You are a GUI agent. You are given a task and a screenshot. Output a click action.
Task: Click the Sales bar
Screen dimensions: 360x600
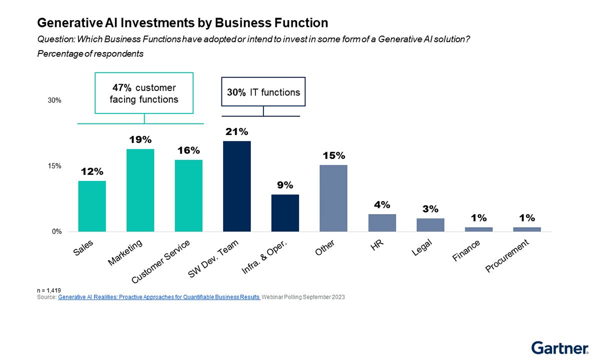pos(92,206)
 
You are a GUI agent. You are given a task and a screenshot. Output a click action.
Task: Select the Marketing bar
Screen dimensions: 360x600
pos(140,190)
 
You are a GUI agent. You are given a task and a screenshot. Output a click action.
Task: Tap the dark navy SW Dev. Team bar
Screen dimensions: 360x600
pos(236,186)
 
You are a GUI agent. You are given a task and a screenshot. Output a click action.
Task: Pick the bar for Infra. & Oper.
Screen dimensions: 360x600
pos(285,213)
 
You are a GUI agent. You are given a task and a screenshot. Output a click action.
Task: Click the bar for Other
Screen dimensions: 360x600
pos(333,198)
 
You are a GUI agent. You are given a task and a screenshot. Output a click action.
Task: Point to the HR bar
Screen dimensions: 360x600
pos(382,222)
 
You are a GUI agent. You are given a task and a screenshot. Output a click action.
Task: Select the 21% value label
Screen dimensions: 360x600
pos(236,132)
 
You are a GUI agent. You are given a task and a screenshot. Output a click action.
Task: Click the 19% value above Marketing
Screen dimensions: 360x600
pos(140,140)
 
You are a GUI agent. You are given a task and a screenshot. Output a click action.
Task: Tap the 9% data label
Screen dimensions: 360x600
pos(285,185)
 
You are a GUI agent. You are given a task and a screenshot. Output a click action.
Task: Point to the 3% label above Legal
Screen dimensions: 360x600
pos(430,209)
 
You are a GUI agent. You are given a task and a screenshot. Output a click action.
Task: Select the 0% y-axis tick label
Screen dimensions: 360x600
pos(56,232)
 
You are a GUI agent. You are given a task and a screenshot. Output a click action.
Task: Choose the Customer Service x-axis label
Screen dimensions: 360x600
pos(161,260)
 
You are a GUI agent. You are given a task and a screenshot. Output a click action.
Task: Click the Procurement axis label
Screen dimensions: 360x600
pos(506,256)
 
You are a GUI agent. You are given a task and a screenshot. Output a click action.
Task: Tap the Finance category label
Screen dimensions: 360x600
pos(466,250)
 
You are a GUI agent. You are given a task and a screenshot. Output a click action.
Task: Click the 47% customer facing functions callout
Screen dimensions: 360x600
pos(144,93)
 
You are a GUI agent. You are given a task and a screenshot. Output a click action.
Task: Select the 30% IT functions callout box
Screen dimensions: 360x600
pos(263,92)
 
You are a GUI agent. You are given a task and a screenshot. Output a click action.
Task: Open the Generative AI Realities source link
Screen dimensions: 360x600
pos(159,297)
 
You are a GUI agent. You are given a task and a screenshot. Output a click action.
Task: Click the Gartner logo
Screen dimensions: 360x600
pos(559,347)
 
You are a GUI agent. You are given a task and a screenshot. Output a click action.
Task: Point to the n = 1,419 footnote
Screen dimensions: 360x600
pos(49,290)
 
